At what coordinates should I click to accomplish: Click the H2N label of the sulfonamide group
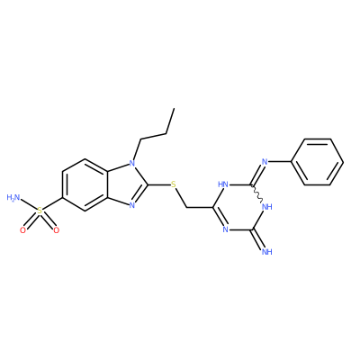coord(13,198)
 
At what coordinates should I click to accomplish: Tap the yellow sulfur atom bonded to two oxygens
coord(40,211)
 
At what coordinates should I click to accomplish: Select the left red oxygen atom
coord(22,230)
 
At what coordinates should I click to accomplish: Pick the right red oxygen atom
coord(56,230)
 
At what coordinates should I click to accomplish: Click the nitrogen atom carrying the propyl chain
coord(131,164)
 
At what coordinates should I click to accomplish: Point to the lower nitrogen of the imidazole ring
coord(131,206)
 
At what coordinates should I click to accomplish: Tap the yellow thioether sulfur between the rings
coord(174,184)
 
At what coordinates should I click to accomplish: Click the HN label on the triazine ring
coord(223,184)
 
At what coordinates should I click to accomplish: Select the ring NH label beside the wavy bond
coord(266,207)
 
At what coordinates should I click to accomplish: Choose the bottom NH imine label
coord(266,252)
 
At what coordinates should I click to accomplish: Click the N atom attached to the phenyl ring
coord(265,162)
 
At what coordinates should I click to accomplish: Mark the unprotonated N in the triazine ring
coord(225,229)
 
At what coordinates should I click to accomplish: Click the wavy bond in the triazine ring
coord(257,193)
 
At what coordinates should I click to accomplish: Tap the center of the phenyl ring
coord(318,162)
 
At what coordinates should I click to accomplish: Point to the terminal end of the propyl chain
coord(174,109)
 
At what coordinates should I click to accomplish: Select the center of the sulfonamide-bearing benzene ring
coord(85,184)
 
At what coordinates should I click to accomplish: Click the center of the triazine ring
coord(238,207)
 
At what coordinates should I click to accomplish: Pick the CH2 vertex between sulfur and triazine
coord(187,207)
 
